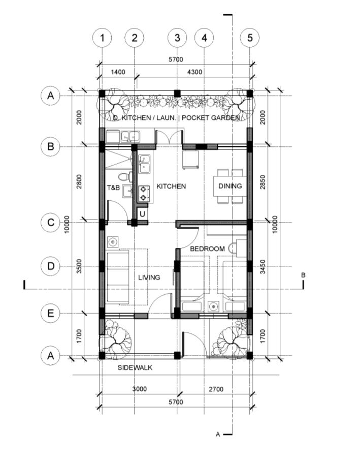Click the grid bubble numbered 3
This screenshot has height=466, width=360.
pos(177,38)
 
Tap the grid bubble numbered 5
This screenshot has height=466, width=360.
pos(250,38)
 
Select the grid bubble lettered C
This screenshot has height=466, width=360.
pos(50,222)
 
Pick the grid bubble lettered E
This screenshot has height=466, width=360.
pos(50,313)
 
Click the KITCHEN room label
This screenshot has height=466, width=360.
pos(171,187)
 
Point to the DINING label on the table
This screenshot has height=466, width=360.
pos(230,186)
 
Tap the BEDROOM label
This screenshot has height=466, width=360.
pos(207,248)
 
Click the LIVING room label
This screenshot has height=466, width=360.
pos(149,277)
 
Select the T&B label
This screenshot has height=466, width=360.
pos(113,188)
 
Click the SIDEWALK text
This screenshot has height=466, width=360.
pos(135,367)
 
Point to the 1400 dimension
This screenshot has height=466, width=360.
pos(118,72)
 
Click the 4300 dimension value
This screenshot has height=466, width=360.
pos(195,72)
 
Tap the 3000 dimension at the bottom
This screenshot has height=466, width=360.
pos(139,389)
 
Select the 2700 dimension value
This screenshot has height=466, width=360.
pos(216,389)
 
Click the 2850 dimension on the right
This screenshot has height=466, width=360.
pos(263,182)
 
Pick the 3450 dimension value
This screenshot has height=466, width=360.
pos(263,267)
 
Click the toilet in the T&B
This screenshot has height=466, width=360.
pos(125,177)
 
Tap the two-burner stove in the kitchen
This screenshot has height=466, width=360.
pos(144,194)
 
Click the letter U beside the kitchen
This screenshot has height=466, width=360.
pos(142,214)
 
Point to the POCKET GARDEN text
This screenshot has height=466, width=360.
pos(211,118)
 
